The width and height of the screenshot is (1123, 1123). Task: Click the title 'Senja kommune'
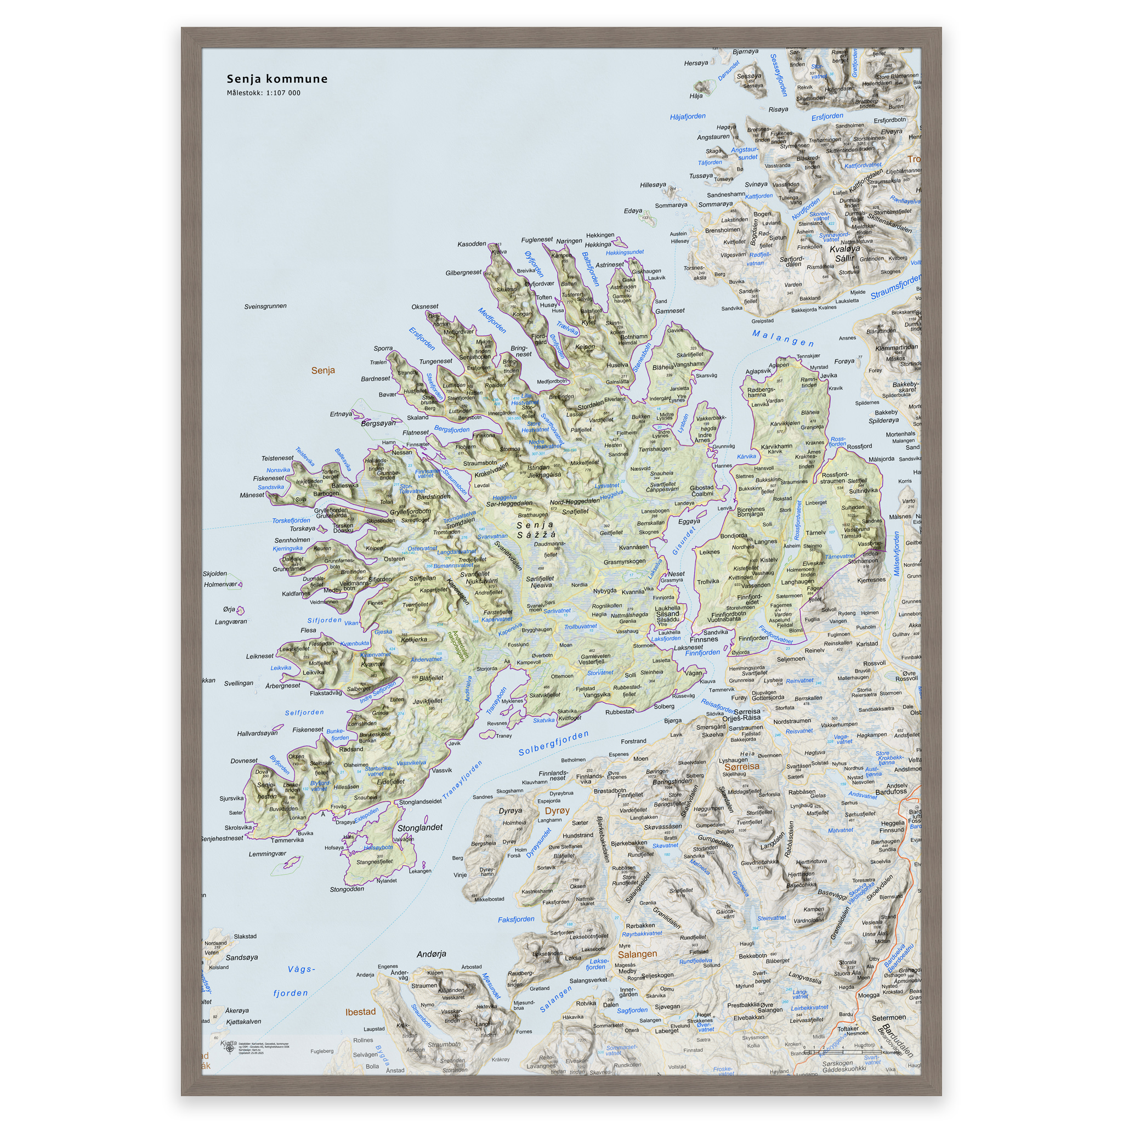(277, 79)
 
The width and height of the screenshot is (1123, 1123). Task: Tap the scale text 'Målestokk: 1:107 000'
(263, 93)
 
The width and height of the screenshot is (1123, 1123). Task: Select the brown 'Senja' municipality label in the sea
(322, 370)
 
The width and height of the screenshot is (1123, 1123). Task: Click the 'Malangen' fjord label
(782, 338)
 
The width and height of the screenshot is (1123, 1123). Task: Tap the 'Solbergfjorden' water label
(553, 744)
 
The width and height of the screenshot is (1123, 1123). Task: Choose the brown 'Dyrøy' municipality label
(557, 811)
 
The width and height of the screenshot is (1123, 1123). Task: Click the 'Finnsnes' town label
(704, 639)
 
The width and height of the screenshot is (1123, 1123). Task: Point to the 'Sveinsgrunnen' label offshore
(265, 307)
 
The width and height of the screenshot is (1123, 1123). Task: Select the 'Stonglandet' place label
(419, 827)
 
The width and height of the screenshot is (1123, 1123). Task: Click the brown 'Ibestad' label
(360, 1012)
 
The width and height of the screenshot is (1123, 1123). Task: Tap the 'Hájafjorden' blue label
(688, 117)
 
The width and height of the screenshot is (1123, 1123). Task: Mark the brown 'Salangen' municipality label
(637, 955)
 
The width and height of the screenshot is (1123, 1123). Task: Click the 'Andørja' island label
(432, 954)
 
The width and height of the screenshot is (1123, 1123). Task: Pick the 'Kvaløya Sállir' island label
(844, 253)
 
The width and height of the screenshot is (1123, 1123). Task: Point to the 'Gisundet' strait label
(684, 541)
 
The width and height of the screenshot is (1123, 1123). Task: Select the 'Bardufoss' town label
(891, 792)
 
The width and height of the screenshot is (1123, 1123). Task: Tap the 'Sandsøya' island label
(241, 957)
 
